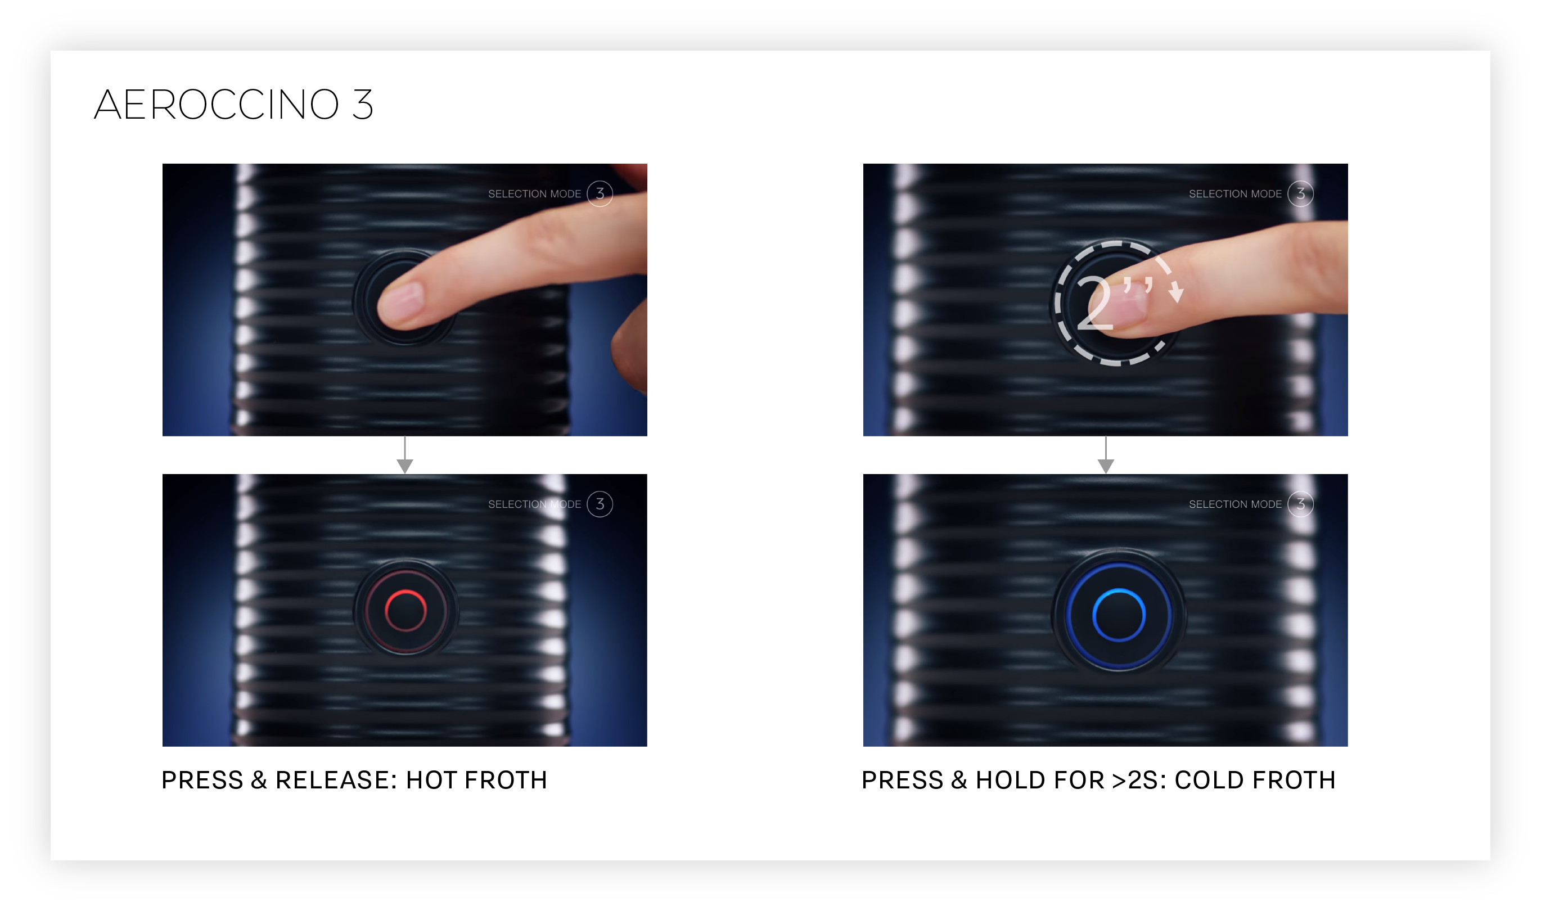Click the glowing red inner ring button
tap(405, 611)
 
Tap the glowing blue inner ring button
tap(1119, 616)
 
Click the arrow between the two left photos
tap(404, 455)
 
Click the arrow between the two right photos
tap(1106, 455)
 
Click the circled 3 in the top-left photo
tap(600, 194)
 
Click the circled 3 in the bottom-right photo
tap(1300, 504)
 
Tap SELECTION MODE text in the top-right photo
tap(1235, 194)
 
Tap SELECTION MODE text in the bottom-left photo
tap(534, 504)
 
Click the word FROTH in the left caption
tap(506, 780)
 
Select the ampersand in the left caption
tap(259, 780)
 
